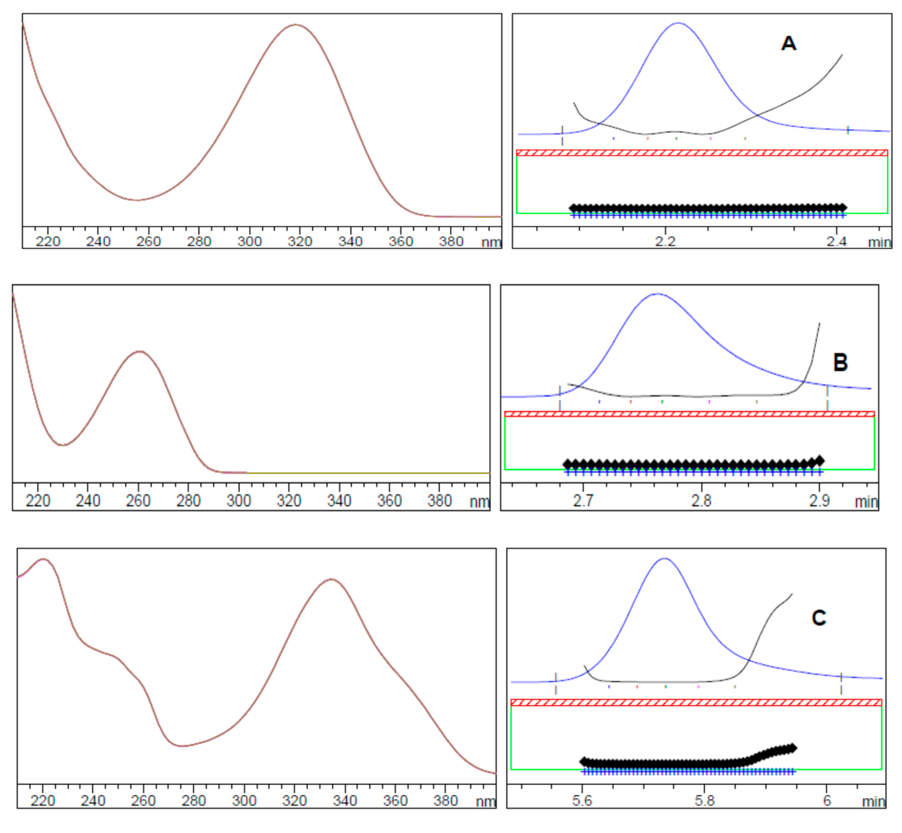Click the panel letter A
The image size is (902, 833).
(x=789, y=44)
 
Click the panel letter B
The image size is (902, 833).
(x=840, y=362)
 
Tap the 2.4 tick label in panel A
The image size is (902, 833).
(x=836, y=242)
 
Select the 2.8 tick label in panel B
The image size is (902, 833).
(x=701, y=501)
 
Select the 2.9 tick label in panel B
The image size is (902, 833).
(x=819, y=501)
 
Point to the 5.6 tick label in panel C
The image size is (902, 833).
(x=582, y=801)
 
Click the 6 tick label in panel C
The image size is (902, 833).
(x=827, y=801)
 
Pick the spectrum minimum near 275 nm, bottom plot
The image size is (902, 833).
(x=181, y=746)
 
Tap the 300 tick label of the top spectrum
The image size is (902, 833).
(x=249, y=242)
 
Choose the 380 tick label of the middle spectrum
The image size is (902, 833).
(x=439, y=501)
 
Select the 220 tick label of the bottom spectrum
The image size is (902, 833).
(x=43, y=801)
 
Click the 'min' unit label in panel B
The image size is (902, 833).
(x=866, y=502)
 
